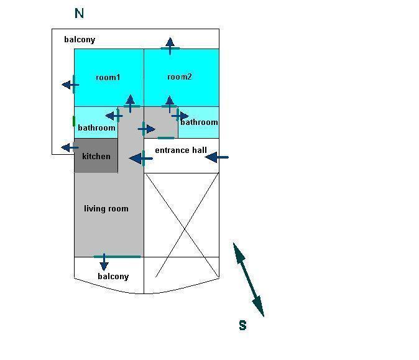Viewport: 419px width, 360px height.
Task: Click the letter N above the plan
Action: coord(79,13)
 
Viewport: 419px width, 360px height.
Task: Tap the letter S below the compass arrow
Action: coord(242,325)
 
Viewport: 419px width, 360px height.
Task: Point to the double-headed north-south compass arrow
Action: coord(248,279)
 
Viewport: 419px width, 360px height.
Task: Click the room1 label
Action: coord(108,78)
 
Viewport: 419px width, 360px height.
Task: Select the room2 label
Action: coord(180,77)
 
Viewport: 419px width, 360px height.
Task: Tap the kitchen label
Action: coord(96,156)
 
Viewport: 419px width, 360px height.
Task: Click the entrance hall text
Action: coord(181,150)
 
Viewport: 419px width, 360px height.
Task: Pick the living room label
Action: coord(106,208)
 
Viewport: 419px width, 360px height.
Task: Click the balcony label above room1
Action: coord(80,40)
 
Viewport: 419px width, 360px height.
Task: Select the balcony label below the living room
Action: coord(113,276)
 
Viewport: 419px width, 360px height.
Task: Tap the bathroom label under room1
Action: coord(96,127)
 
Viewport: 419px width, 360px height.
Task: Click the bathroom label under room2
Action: coord(199,122)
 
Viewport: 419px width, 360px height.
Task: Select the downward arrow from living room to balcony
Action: coord(104,261)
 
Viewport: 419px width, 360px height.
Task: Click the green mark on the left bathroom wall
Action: coord(74,121)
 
